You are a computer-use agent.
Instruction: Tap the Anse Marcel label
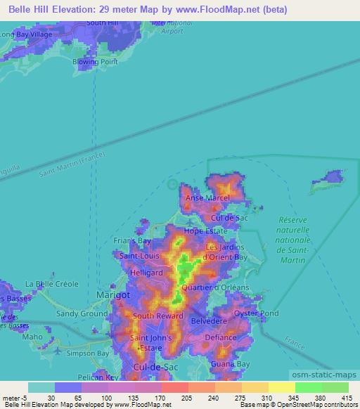coord(207,198)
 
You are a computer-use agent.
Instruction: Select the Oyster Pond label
coord(256,313)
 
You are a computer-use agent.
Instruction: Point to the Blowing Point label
coord(93,61)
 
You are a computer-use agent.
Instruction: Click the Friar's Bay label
coord(133,241)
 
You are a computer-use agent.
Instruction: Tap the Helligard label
coord(146,273)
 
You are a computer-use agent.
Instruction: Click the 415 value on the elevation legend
coord(346,397)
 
